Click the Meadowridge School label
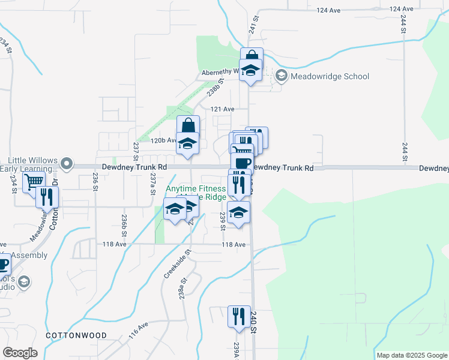pos(330,76)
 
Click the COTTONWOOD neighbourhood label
pos(76,335)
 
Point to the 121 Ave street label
pos(221,109)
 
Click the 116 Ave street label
pos(138,328)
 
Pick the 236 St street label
pos(95,181)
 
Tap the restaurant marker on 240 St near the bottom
pos(239,316)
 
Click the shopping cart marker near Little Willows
pos(34,182)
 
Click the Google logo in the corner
pos(20,353)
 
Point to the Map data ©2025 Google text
pos(412,355)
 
